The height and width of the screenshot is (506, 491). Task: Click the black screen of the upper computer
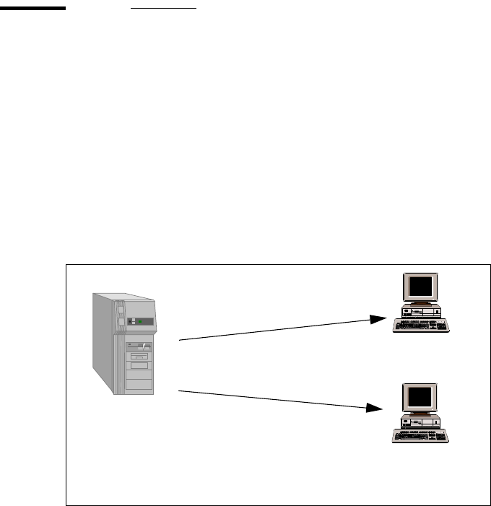[421, 287]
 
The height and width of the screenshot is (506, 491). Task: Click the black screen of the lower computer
[421, 398]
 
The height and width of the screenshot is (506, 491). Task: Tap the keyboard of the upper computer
[421, 326]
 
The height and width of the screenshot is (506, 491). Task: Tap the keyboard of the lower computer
[421, 436]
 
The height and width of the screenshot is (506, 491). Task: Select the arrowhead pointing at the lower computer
[376, 409]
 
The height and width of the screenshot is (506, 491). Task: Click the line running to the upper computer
[274, 329]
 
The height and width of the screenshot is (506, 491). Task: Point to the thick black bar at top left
[32, 9]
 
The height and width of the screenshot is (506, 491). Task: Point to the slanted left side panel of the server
[102, 339]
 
